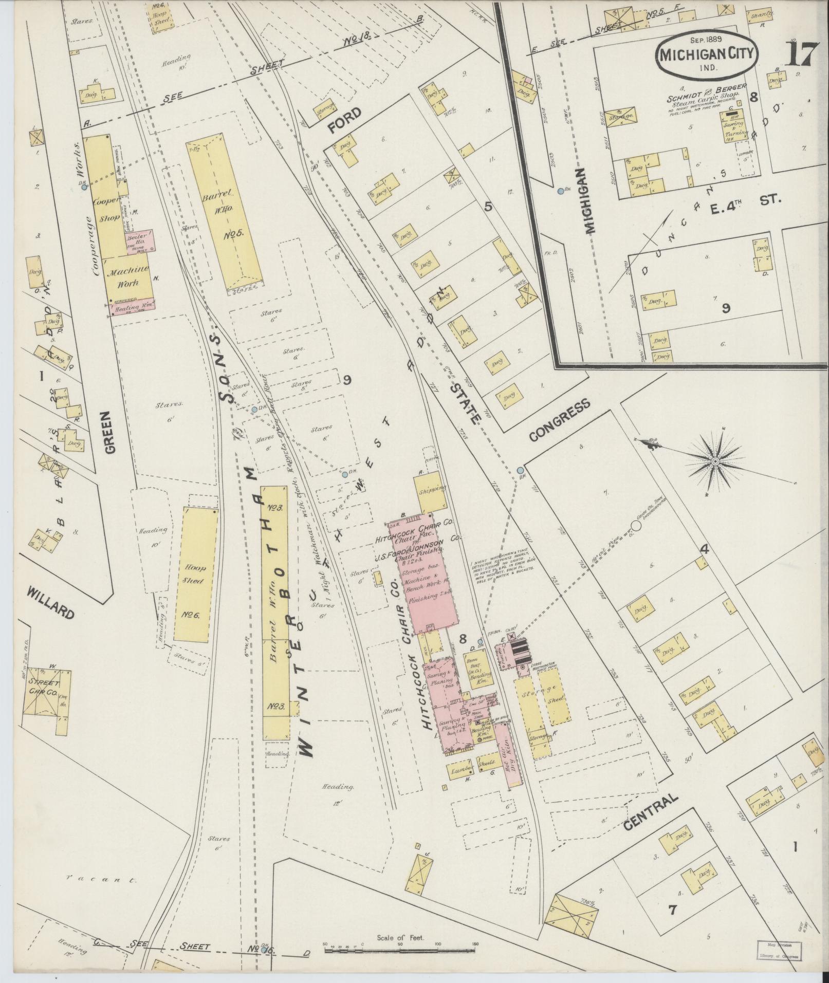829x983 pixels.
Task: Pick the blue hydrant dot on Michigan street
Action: click(x=561, y=191)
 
